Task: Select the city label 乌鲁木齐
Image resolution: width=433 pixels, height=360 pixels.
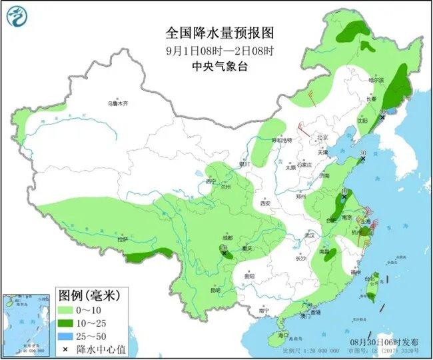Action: pos(117,103)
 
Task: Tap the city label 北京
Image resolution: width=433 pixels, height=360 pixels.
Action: pos(322,138)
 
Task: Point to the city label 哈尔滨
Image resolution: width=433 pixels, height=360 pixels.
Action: pos(377,80)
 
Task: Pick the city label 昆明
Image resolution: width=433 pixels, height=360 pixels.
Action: pos(215,290)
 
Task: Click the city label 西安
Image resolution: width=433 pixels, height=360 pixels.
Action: pos(266,202)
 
